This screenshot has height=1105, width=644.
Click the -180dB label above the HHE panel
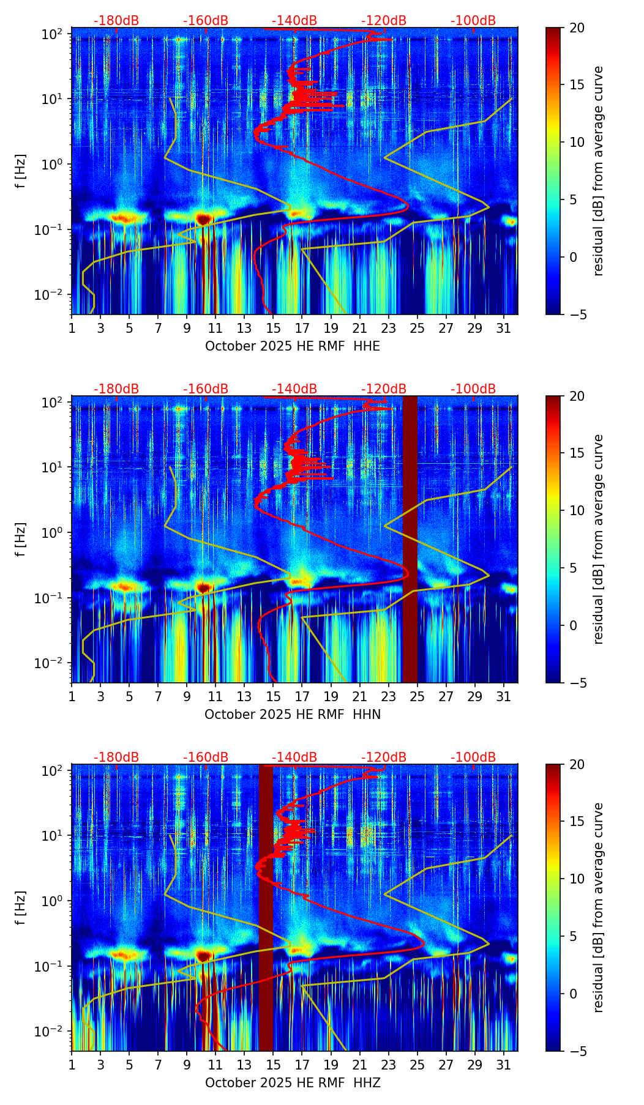116,21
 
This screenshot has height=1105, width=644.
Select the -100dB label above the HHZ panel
473,757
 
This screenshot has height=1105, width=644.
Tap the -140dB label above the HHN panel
294,389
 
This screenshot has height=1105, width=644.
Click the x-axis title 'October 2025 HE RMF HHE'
293,346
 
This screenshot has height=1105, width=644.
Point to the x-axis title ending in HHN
293,715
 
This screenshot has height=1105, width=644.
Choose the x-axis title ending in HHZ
293,1083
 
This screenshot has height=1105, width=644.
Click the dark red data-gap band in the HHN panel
410,538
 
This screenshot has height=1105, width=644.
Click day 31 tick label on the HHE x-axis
503,328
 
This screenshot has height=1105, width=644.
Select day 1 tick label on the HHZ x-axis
72,1065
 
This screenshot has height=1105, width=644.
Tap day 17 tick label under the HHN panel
302,696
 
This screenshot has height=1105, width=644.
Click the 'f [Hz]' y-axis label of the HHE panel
21,171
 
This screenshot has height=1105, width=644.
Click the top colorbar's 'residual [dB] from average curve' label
599,171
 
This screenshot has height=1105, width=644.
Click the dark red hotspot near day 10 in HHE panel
204,219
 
